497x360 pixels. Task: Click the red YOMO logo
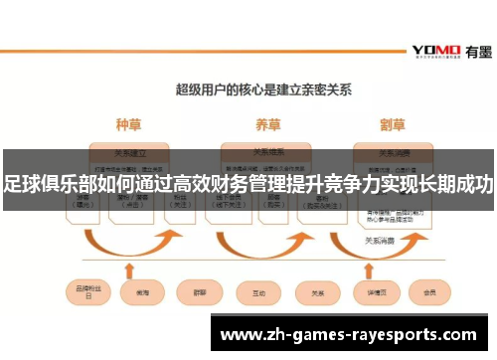click(434, 50)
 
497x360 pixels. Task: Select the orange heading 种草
click(129, 125)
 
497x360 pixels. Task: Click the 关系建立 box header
click(130, 153)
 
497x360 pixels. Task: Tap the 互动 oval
click(258, 293)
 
